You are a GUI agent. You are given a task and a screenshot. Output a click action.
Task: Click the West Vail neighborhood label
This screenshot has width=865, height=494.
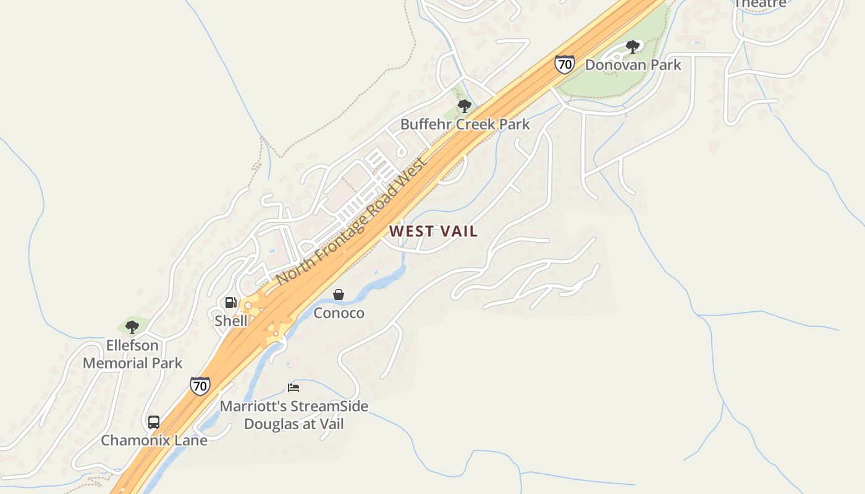[x=433, y=232]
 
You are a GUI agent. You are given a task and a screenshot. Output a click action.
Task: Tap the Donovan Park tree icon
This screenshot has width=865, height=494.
[x=632, y=46]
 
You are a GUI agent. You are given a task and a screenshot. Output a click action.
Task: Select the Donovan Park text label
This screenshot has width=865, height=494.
[x=633, y=65]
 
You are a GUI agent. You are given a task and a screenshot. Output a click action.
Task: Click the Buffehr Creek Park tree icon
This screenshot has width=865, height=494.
[x=465, y=106]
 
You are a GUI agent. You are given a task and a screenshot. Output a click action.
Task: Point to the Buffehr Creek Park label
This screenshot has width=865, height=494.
[x=465, y=124]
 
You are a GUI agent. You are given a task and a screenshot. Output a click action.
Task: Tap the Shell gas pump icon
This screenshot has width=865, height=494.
[x=230, y=303]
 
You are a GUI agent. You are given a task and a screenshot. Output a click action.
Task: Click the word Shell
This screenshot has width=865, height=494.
[x=230, y=321]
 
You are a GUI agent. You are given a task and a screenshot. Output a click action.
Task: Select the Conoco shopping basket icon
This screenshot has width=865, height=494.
[x=339, y=295]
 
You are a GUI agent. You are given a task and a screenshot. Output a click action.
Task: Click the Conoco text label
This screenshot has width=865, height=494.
[x=339, y=313]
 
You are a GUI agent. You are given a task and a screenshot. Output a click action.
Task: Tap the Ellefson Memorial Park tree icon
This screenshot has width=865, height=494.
[x=132, y=327]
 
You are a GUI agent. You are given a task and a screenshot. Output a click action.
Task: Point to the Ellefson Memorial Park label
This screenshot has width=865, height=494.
[x=133, y=354]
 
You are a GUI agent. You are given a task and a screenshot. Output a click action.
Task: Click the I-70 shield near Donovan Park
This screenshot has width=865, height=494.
[x=564, y=64]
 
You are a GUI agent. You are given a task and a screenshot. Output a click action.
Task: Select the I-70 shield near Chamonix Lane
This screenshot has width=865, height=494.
[x=200, y=385]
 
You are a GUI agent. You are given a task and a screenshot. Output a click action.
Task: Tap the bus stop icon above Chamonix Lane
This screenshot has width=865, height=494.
[x=154, y=422]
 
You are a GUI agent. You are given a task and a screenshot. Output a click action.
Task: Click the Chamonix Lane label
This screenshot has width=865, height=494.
[x=154, y=440]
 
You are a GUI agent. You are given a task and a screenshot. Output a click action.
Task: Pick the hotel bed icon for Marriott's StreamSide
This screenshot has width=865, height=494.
[x=293, y=388]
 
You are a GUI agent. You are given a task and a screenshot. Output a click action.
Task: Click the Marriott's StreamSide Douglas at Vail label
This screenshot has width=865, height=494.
[x=294, y=415]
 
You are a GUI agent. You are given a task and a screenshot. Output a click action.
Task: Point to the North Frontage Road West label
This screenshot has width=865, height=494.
[x=351, y=221]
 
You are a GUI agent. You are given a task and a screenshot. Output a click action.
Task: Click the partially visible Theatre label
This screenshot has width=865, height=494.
[x=760, y=4]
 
